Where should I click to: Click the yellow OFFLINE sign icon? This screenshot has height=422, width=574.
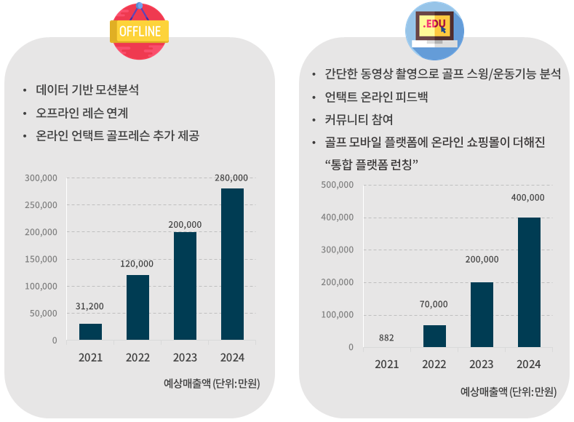pyautogui.click(x=139, y=31)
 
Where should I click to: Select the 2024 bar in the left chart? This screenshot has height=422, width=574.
pyautogui.click(x=232, y=263)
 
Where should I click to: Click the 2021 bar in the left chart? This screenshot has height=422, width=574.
pyautogui.click(x=90, y=331)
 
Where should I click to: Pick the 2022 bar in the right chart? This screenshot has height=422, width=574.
pyautogui.click(x=434, y=335)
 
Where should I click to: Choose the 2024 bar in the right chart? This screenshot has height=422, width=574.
pyautogui.click(x=529, y=282)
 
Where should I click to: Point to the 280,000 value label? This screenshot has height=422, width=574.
pyautogui.click(x=231, y=178)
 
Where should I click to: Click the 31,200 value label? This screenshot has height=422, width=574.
pyautogui.click(x=90, y=306)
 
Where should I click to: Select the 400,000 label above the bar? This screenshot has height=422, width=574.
pyautogui.click(x=527, y=197)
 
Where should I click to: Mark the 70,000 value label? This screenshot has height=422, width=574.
pyautogui.click(x=434, y=304)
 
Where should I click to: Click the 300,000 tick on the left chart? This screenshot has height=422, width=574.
pyautogui.click(x=41, y=178)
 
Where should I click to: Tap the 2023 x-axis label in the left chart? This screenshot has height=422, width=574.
pyautogui.click(x=185, y=358)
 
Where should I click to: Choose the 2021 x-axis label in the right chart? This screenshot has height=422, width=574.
pyautogui.click(x=387, y=364)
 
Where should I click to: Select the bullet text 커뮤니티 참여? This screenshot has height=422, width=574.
pyautogui.click(x=359, y=119)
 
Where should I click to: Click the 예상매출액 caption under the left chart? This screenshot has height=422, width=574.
pyautogui.click(x=212, y=383)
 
